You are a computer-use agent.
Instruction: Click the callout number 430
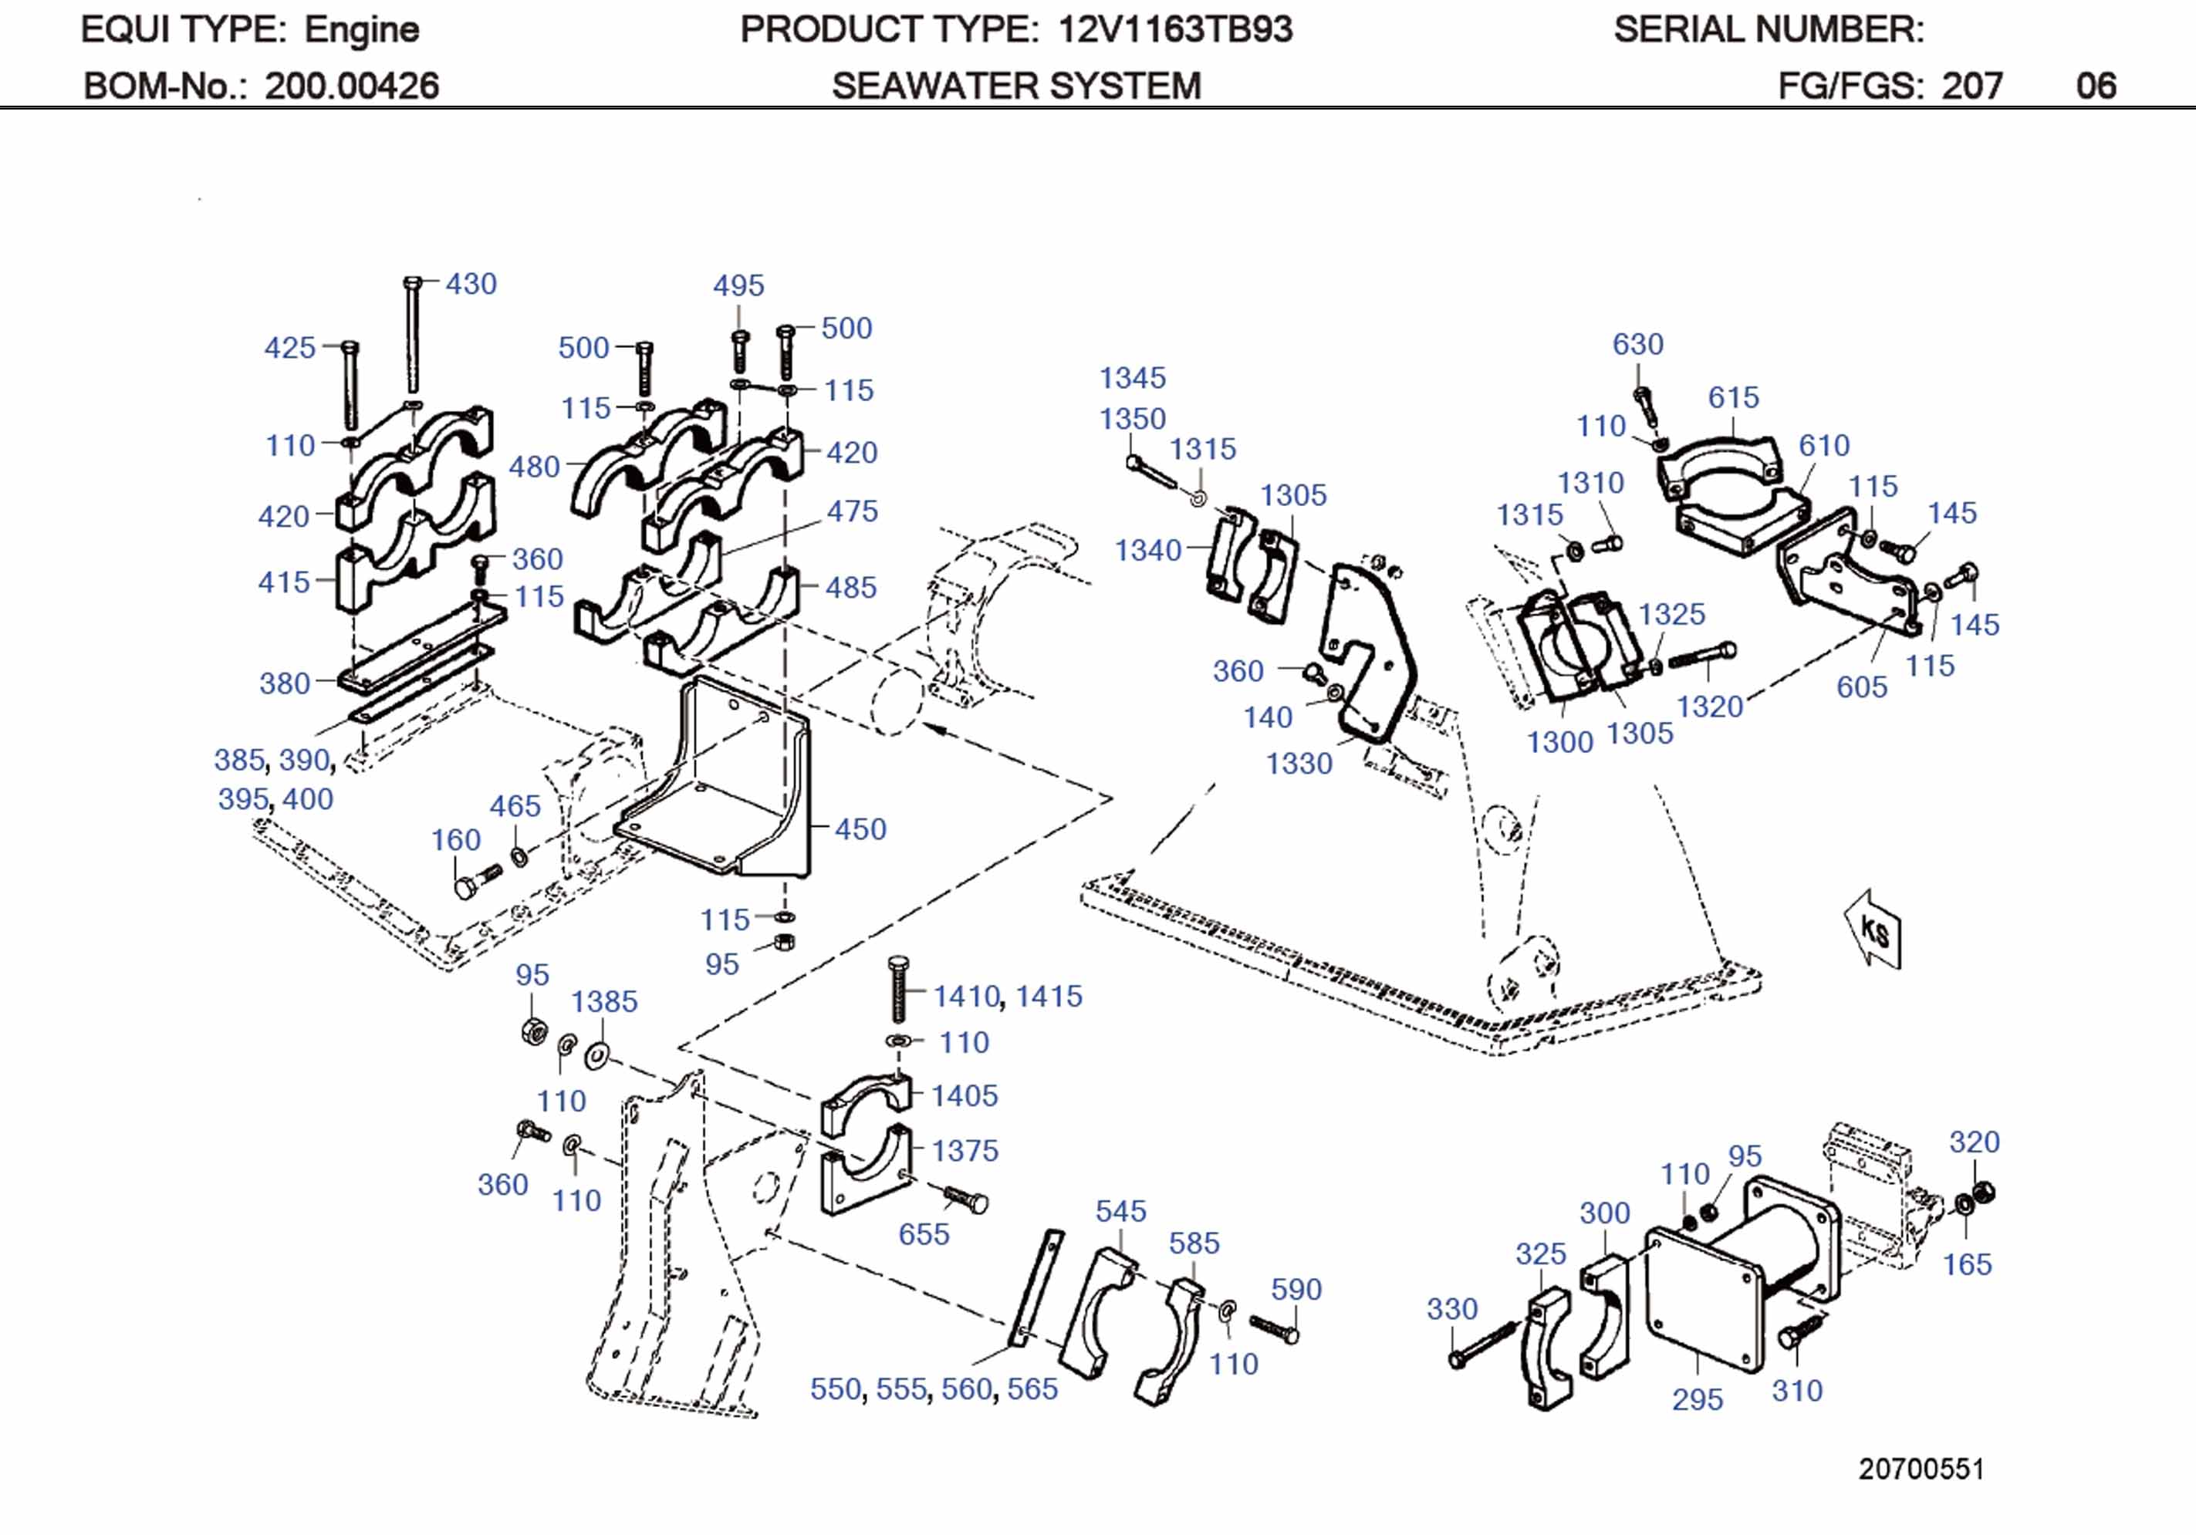point(471,284)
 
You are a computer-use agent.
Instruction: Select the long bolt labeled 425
point(350,387)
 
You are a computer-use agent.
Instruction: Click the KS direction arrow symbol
point(1873,929)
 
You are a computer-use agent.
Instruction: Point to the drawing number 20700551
point(1921,1469)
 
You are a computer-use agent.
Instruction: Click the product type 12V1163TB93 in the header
point(1174,29)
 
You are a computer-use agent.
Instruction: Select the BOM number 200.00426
point(351,86)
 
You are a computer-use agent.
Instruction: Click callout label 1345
point(1133,378)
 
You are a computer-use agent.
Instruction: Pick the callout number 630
point(1637,344)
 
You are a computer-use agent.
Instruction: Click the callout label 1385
point(603,1001)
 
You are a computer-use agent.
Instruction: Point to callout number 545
point(1120,1211)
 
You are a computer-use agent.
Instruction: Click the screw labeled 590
point(1275,1328)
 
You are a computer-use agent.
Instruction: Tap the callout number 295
point(1697,1399)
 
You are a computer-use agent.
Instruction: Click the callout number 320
point(1974,1141)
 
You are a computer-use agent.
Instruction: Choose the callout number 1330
point(1299,763)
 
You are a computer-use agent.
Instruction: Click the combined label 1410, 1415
point(1007,996)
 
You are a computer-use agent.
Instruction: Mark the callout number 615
point(1733,397)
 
